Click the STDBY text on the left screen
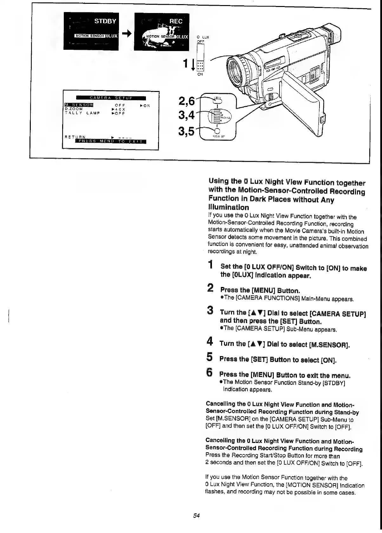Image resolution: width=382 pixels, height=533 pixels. click(x=105, y=21)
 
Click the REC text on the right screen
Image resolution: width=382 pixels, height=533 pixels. click(x=176, y=21)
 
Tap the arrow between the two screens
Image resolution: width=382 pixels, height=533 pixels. click(x=127, y=33)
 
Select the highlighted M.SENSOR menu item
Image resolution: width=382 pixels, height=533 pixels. click(x=79, y=105)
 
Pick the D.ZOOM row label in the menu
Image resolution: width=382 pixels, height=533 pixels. click(x=74, y=109)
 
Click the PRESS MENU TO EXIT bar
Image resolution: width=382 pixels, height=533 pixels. click(x=110, y=141)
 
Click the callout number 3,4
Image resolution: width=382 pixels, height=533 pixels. click(x=187, y=115)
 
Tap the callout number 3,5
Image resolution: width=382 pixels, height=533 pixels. click(x=187, y=131)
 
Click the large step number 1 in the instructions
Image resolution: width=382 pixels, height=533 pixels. click(x=210, y=264)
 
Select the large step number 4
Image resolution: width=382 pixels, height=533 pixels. click(x=210, y=342)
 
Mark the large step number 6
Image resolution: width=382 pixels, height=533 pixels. click(x=210, y=372)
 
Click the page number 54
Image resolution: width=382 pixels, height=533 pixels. click(x=196, y=516)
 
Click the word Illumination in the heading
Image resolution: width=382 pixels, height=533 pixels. click(x=229, y=207)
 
